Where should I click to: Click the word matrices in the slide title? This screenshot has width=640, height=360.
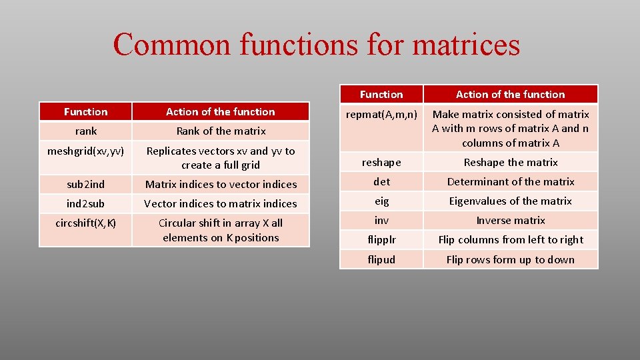click(466, 45)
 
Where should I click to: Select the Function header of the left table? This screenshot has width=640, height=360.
click(85, 111)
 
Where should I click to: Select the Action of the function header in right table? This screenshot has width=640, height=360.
click(510, 95)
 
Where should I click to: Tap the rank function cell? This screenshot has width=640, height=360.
click(85, 131)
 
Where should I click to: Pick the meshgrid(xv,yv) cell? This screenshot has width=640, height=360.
click(85, 151)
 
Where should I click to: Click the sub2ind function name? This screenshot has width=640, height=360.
click(85, 184)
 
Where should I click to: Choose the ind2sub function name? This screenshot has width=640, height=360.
click(85, 203)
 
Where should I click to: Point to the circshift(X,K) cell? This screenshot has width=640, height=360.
click(85, 223)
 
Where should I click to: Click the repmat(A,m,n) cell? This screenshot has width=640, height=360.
click(381, 115)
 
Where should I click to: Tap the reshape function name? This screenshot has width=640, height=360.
click(381, 163)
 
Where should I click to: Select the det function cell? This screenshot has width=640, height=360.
click(381, 182)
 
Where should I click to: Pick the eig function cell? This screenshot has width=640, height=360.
click(381, 201)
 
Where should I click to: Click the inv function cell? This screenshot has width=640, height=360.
click(381, 221)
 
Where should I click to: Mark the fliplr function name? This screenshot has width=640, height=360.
click(381, 240)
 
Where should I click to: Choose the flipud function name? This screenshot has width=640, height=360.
click(381, 260)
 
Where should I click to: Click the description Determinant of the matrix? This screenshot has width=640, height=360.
click(510, 182)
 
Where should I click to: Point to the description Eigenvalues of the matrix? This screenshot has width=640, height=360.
click(510, 201)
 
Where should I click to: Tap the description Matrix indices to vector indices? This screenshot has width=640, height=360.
click(221, 184)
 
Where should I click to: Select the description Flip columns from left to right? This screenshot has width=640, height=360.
click(510, 240)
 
